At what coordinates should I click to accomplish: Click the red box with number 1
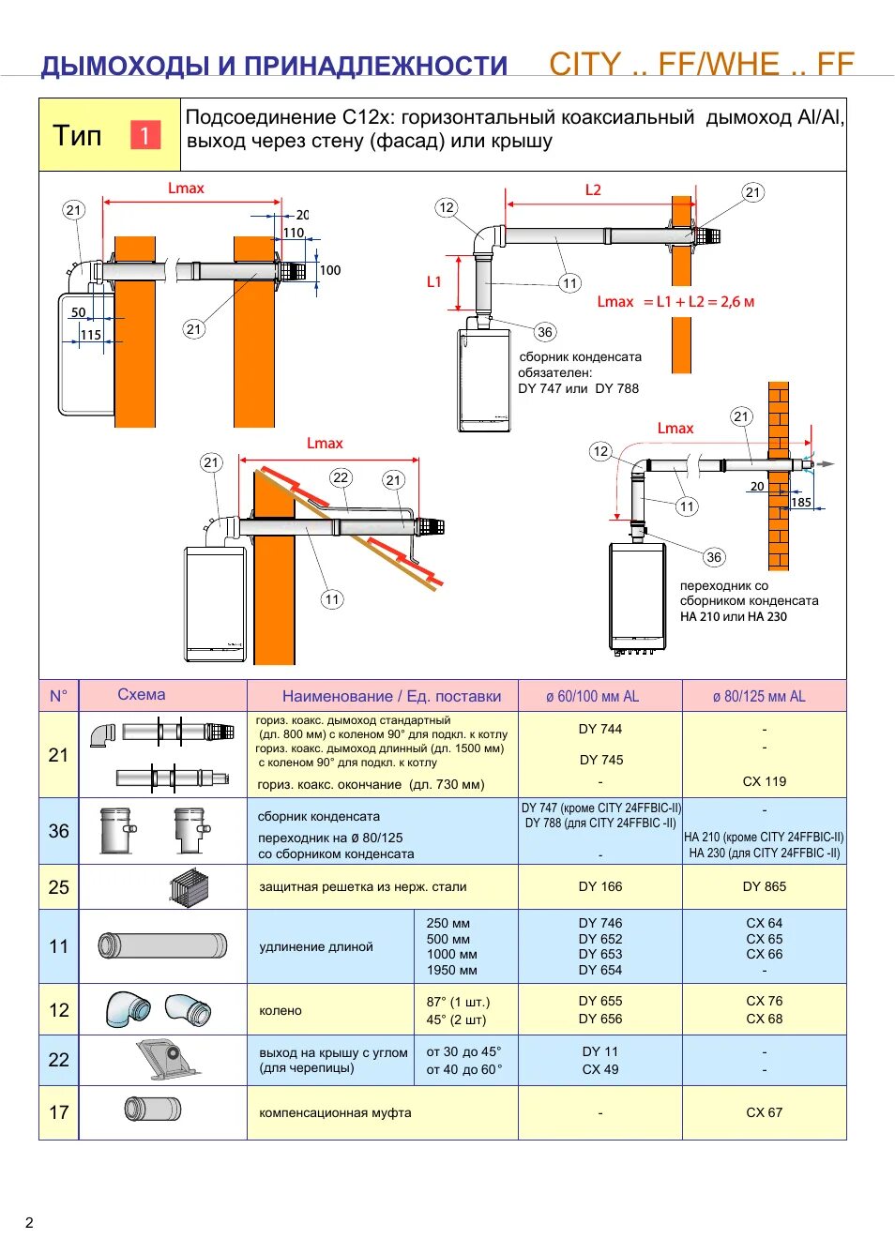(x=144, y=135)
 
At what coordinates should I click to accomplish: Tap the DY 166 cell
(x=600, y=886)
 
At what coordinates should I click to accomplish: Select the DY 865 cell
(x=765, y=886)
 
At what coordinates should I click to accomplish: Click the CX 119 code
(x=765, y=781)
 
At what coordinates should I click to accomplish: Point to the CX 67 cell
(x=765, y=1112)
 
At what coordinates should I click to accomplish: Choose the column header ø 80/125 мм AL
(x=759, y=696)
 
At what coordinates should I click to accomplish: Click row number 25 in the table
(x=58, y=887)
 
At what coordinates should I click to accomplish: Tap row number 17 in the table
(x=58, y=1112)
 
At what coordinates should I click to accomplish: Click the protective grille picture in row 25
(x=190, y=887)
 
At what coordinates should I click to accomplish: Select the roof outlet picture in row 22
(x=170, y=1059)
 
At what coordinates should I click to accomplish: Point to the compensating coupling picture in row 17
(x=153, y=1110)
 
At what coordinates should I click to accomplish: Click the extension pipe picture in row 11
(x=162, y=945)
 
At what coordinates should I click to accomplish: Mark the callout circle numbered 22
(x=341, y=477)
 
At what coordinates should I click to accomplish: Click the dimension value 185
(x=801, y=503)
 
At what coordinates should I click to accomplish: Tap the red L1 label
(x=433, y=281)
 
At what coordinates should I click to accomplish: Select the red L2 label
(x=593, y=189)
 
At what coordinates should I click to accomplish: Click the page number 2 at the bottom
(x=29, y=1222)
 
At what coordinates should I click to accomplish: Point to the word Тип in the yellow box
(x=77, y=136)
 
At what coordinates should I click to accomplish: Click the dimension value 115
(x=90, y=335)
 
